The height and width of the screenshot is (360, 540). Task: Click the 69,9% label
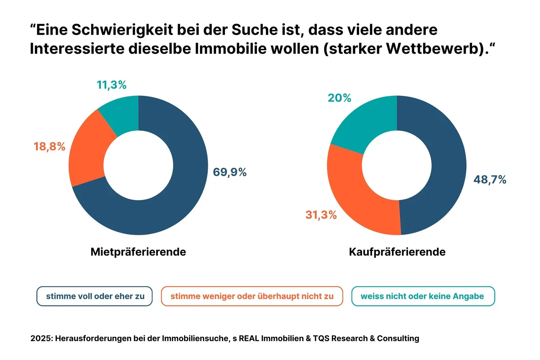[x=229, y=172]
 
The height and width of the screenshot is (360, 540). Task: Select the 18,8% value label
[x=49, y=147]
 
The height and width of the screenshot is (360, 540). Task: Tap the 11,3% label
[x=111, y=85]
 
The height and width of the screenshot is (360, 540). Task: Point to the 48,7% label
[x=489, y=179]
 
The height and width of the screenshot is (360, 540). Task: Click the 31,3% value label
[x=321, y=215]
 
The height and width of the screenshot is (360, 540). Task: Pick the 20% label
[x=339, y=98]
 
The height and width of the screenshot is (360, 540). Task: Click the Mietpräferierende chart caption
[x=138, y=252]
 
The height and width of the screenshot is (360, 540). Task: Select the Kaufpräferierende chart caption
[x=397, y=252]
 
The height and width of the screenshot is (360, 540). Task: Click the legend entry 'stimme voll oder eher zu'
[x=95, y=296]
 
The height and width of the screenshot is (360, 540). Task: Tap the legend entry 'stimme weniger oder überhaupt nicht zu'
[x=252, y=296]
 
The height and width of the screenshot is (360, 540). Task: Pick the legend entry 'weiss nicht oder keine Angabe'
[x=422, y=296]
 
